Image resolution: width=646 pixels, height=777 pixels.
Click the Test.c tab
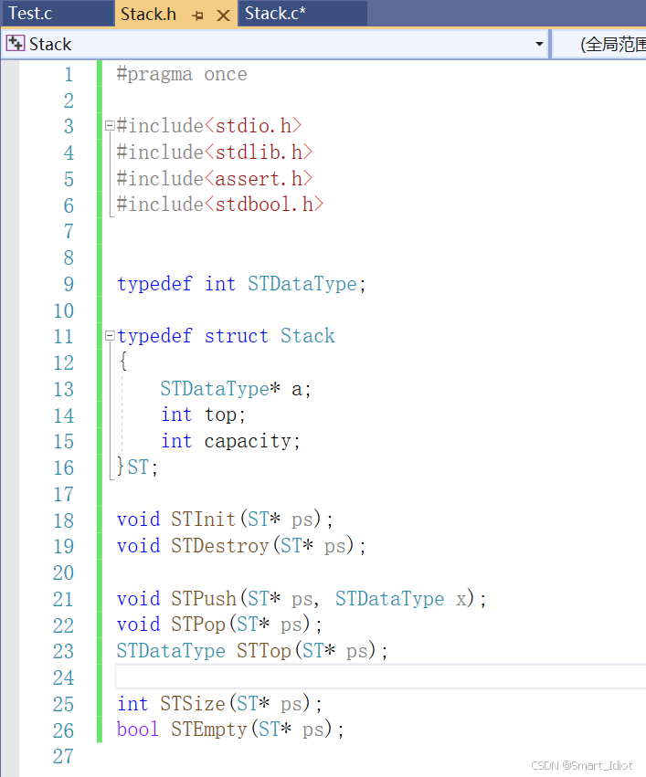pyautogui.click(x=30, y=14)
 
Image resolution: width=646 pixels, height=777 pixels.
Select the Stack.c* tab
pyautogui.click(x=275, y=14)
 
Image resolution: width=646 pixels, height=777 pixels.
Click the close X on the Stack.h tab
pyautogui.click(x=224, y=16)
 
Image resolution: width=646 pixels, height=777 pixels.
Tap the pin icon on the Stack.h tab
pyautogui.click(x=197, y=16)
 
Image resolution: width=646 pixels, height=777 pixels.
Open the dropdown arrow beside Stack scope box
pyautogui.click(x=539, y=44)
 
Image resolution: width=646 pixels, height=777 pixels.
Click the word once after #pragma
pyautogui.click(x=226, y=74)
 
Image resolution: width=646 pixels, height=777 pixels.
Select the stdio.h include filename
pyautogui.click(x=253, y=126)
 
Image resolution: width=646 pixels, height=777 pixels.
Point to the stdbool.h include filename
pyautogui.click(x=264, y=205)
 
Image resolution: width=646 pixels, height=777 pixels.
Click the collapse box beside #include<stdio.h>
pyautogui.click(x=110, y=126)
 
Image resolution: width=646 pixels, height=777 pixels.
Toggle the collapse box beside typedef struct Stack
pyautogui.click(x=110, y=336)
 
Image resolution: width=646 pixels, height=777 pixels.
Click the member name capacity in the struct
pyautogui.click(x=247, y=441)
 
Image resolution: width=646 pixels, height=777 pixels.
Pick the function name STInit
pyautogui.click(x=203, y=520)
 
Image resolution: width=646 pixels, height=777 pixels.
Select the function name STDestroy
pyautogui.click(x=219, y=546)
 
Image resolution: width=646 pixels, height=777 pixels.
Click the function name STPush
pyautogui.click(x=203, y=599)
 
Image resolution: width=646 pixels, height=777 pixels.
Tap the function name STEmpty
pyautogui.click(x=208, y=730)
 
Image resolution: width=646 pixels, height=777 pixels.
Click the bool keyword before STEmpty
pyautogui.click(x=138, y=730)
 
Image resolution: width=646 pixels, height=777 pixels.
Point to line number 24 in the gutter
pyautogui.click(x=63, y=677)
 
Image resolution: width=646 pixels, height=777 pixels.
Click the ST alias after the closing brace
pyautogui.click(x=138, y=467)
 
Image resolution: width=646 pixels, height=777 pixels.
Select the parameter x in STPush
pyautogui.click(x=461, y=599)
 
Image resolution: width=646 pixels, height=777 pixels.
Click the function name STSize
pyautogui.click(x=193, y=704)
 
